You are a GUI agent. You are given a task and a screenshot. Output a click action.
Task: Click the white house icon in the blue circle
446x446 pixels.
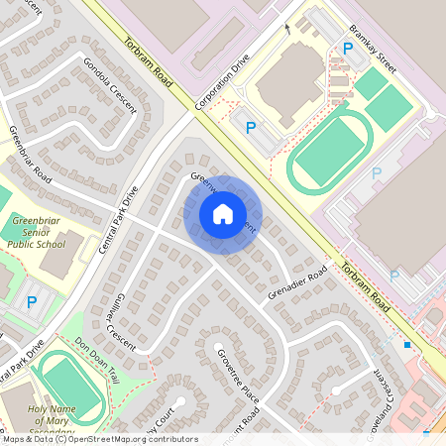coord(223,213)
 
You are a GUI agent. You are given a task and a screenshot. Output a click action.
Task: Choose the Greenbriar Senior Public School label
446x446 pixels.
coord(37,232)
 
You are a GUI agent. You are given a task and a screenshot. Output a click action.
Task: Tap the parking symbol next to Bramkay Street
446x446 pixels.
coord(347,48)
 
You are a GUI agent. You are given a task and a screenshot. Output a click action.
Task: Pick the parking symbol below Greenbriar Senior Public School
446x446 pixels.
coord(31,302)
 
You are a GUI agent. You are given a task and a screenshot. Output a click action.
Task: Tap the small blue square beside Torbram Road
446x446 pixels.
coord(407,345)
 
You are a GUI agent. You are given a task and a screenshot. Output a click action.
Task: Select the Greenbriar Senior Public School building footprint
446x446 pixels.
coord(60,257)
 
